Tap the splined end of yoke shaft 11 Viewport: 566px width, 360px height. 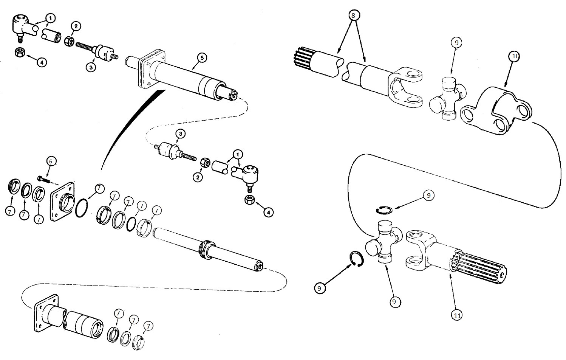[480, 266]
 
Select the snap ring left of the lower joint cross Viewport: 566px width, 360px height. [356, 259]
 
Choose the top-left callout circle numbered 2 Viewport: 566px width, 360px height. [76, 26]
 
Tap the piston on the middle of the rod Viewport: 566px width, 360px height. [206, 250]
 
